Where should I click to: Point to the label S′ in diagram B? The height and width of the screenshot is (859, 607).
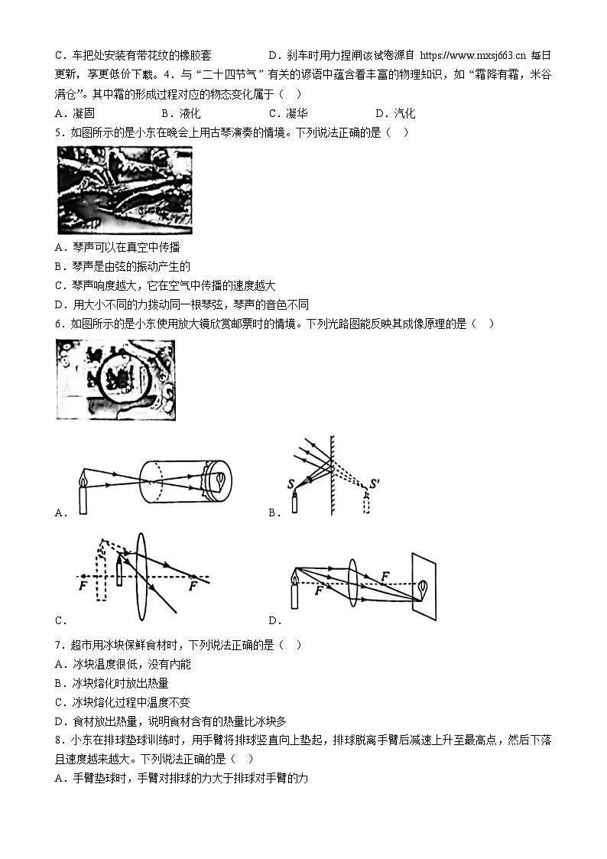pyautogui.click(x=375, y=483)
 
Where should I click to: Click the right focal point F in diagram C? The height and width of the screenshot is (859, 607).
pyautogui.click(x=193, y=586)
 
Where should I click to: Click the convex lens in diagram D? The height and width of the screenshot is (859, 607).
pyautogui.click(x=352, y=582)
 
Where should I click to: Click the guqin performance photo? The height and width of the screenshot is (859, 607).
pyautogui.click(x=125, y=190)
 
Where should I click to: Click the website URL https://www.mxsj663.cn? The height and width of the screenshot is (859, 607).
pyautogui.click(x=473, y=55)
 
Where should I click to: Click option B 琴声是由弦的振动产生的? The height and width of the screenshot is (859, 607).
pyautogui.click(x=122, y=266)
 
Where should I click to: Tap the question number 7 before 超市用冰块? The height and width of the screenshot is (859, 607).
pyautogui.click(x=59, y=645)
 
